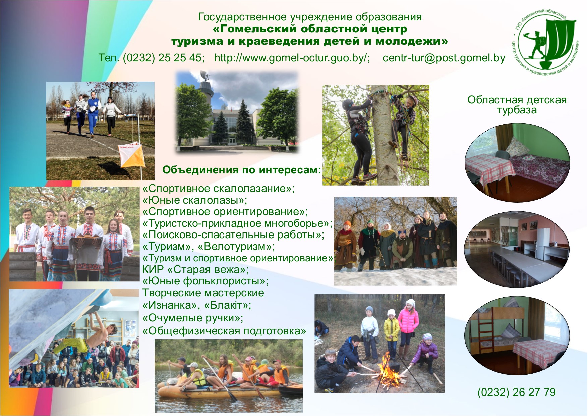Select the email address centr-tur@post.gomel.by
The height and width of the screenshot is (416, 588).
pos(444,58)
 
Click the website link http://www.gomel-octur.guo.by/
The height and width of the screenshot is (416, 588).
pos(292,58)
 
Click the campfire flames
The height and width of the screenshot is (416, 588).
pos(389,371)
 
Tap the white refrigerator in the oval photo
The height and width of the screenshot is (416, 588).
pos(542,241)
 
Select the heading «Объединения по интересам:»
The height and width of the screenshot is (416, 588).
pos(242,170)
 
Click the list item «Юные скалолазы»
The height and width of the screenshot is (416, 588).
pos(195,200)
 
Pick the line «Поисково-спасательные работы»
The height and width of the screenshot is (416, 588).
pos(233,235)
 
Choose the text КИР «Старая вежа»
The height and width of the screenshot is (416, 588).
pos(195,269)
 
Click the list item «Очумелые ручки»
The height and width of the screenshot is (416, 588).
pos(193,317)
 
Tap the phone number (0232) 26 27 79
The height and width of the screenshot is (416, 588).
pos(517,392)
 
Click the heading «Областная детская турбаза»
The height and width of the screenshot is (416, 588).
pos(517,105)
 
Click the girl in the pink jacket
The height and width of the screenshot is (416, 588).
pos(408,327)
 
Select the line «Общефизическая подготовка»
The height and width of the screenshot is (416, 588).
pos(224,331)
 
